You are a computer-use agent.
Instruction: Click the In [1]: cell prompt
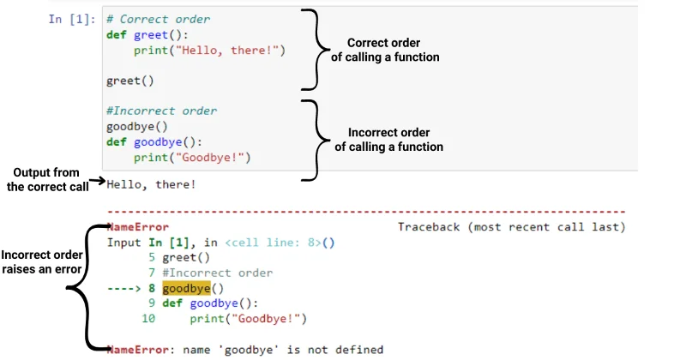click(72, 19)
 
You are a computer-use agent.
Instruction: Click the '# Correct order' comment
click(158, 19)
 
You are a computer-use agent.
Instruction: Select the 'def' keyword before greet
click(117, 34)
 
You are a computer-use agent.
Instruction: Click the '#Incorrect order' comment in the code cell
click(161, 111)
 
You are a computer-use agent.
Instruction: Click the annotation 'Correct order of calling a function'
click(385, 50)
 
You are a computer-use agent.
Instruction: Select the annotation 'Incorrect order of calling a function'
click(389, 140)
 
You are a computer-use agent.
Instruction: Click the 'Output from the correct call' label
click(47, 179)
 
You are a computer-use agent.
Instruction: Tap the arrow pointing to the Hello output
click(98, 180)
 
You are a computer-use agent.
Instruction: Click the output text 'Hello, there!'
click(151, 184)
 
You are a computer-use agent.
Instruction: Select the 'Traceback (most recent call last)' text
click(511, 227)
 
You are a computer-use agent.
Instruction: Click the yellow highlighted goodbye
click(186, 288)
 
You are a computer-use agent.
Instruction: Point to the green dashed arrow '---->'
click(123, 288)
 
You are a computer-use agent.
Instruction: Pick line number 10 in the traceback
click(148, 319)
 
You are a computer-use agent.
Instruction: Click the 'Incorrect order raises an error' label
click(41, 262)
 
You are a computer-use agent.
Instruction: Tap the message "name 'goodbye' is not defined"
click(283, 350)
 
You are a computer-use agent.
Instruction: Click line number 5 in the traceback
click(152, 257)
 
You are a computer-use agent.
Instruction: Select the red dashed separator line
click(367, 213)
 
